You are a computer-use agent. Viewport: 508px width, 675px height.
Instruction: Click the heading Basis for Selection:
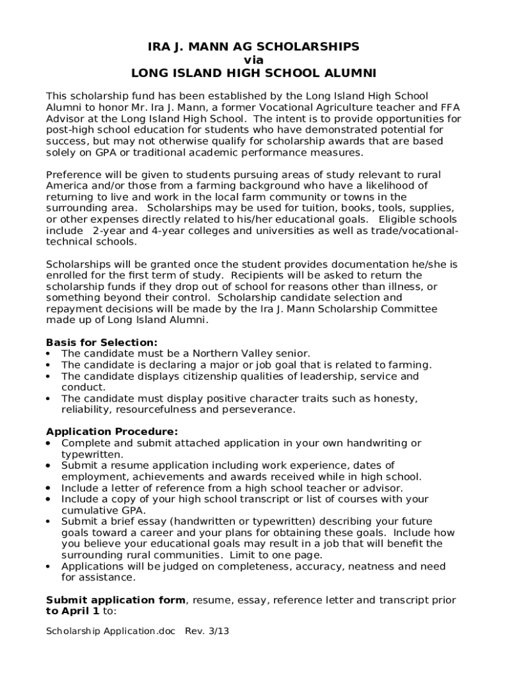pyautogui.click(x=102, y=342)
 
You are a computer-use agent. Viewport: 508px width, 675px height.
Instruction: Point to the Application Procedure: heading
pyautogui.click(x=111, y=432)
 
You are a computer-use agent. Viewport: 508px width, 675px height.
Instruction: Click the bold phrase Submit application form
pyautogui.click(x=115, y=600)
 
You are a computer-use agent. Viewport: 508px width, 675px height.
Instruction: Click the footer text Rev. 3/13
pyautogui.click(x=206, y=631)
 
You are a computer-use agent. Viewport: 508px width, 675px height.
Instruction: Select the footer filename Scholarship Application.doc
pyautogui.click(x=111, y=631)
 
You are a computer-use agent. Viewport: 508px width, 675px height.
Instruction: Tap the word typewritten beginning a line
pyautogui.click(x=91, y=454)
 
